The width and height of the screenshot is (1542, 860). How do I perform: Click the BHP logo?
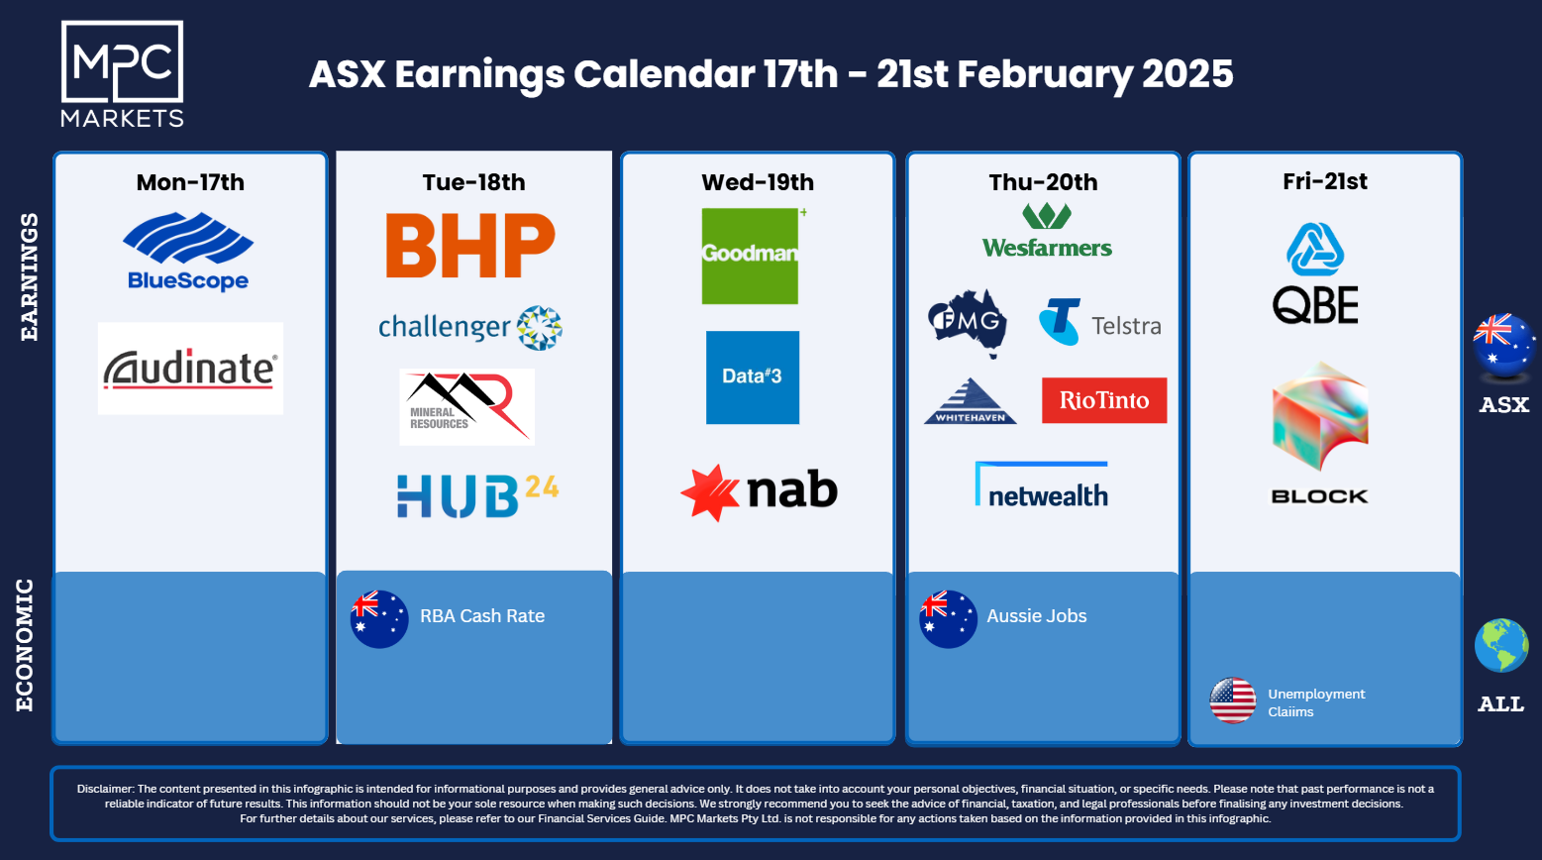click(x=470, y=245)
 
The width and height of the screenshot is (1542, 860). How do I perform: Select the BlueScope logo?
click(x=188, y=252)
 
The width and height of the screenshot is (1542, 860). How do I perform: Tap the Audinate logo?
click(x=191, y=369)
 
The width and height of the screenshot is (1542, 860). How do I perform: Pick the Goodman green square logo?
click(x=751, y=257)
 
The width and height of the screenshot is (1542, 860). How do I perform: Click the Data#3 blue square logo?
click(x=753, y=377)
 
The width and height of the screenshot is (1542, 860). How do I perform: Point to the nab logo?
click(x=759, y=492)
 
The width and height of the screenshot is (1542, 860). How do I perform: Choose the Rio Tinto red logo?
click(x=1104, y=400)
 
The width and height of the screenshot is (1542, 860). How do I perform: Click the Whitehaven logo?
click(x=970, y=400)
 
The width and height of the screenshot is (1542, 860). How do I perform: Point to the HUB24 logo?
click(x=477, y=495)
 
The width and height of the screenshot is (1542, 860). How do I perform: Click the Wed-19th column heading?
click(x=758, y=182)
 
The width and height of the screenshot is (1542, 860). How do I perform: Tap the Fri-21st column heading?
click(x=1324, y=181)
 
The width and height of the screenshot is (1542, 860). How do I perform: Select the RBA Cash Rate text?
click(x=482, y=615)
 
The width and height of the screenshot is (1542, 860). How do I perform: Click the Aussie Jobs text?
click(x=1037, y=615)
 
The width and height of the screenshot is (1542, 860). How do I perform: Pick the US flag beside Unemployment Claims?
click(x=1232, y=700)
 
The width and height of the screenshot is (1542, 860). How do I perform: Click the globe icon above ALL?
click(x=1501, y=645)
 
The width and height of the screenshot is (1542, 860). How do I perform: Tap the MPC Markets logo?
click(x=123, y=73)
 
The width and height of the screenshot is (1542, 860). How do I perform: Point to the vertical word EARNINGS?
click(x=29, y=276)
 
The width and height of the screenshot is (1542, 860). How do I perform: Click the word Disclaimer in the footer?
click(x=105, y=789)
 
